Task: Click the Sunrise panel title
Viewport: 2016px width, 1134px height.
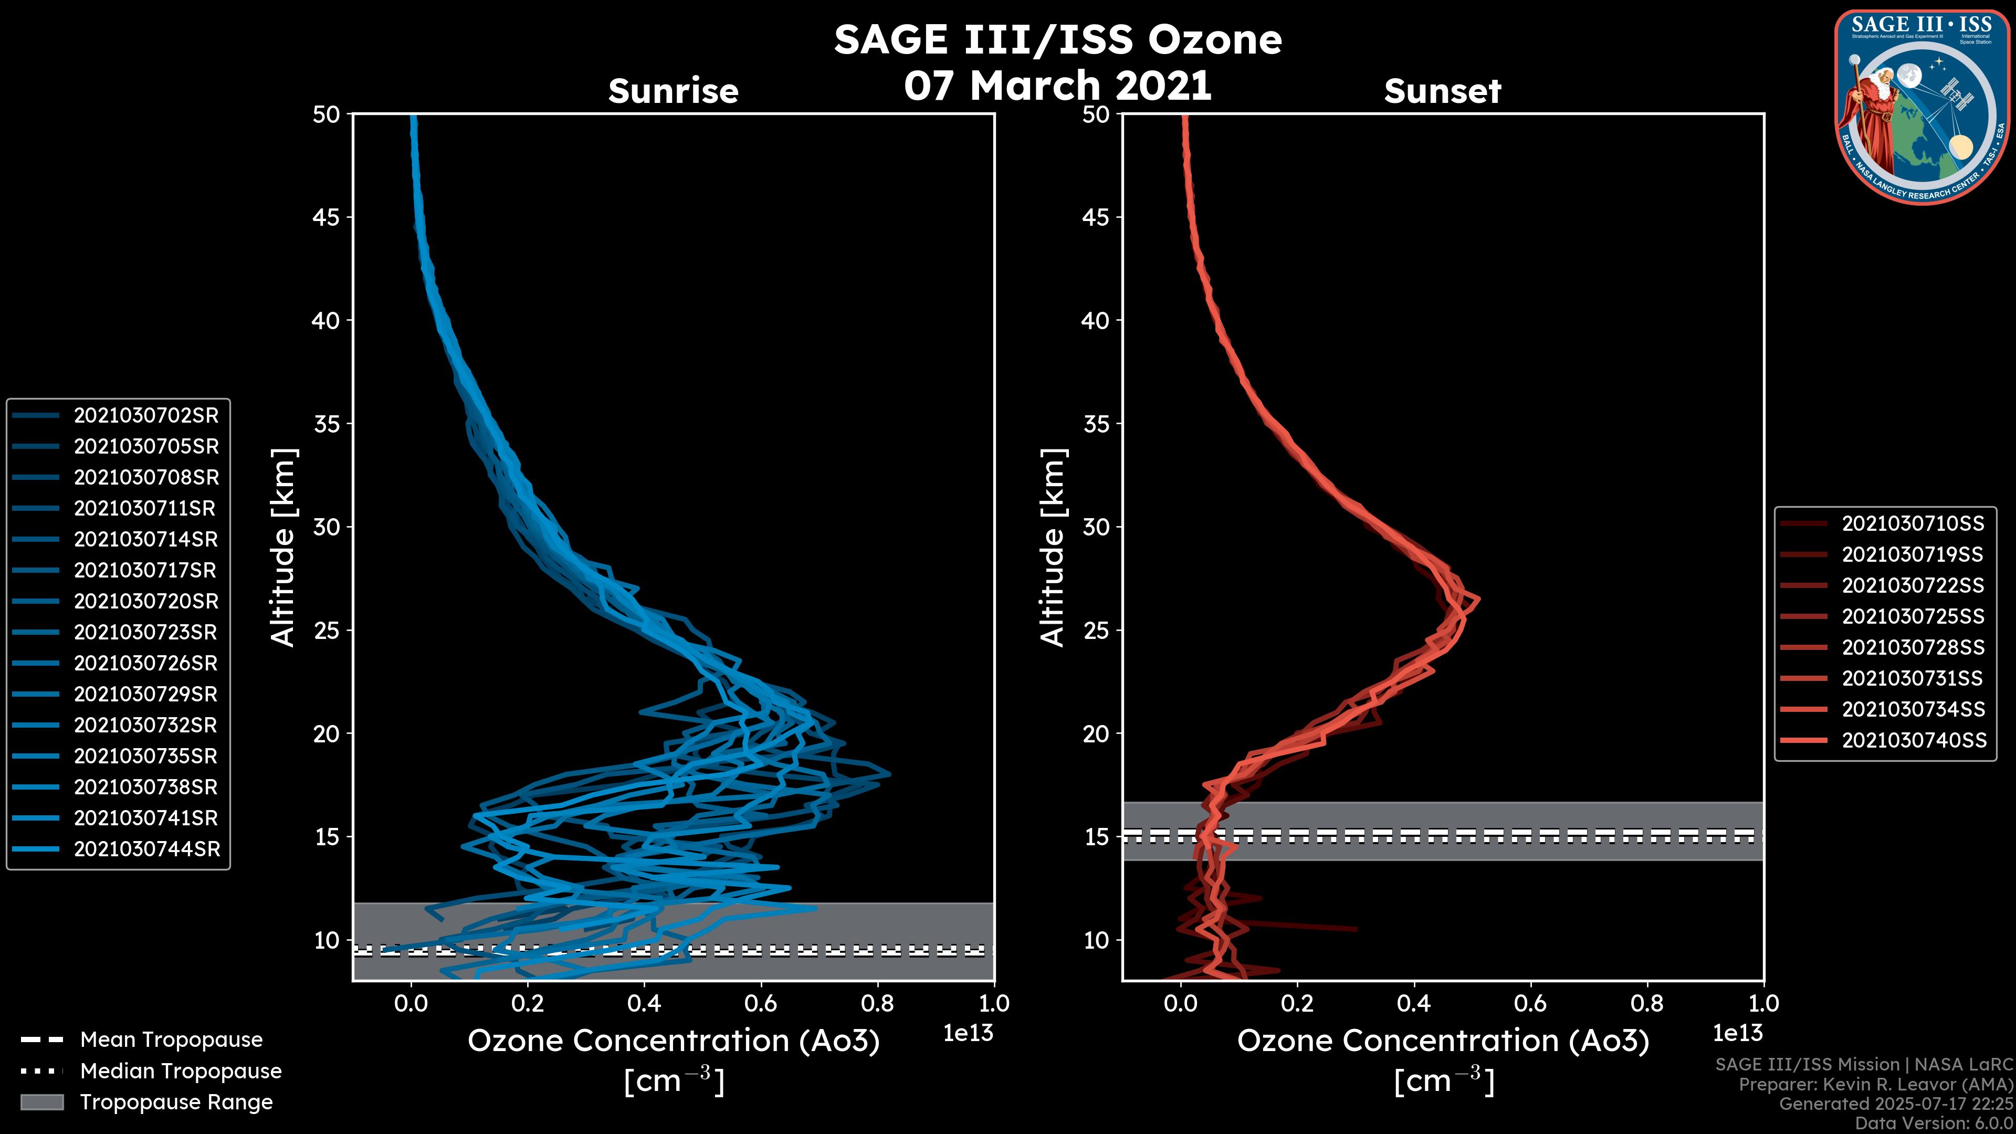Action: click(x=673, y=91)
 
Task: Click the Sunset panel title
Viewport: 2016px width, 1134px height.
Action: click(x=1442, y=91)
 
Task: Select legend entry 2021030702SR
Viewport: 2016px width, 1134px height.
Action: click(x=145, y=416)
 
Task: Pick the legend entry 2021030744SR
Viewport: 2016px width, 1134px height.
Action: click(x=146, y=849)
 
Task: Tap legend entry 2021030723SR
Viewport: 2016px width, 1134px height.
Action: click(x=145, y=632)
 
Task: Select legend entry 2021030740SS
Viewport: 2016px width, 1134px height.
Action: click(x=1914, y=740)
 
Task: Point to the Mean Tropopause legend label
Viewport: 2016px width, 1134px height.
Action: click(x=171, y=1039)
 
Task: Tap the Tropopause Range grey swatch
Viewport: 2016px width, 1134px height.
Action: click(x=41, y=1102)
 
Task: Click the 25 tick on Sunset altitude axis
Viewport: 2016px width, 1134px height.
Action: click(x=1096, y=630)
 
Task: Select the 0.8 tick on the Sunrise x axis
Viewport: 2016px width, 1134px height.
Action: click(x=877, y=1003)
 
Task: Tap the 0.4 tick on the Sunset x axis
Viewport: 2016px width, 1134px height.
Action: click(x=1413, y=1003)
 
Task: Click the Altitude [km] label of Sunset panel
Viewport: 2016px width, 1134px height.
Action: click(x=1053, y=547)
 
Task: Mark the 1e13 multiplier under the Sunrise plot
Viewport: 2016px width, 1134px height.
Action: click(x=968, y=1033)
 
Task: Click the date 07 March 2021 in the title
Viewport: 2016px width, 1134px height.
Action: click(x=1058, y=85)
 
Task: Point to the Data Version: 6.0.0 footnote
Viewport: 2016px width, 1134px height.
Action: click(x=1933, y=1124)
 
